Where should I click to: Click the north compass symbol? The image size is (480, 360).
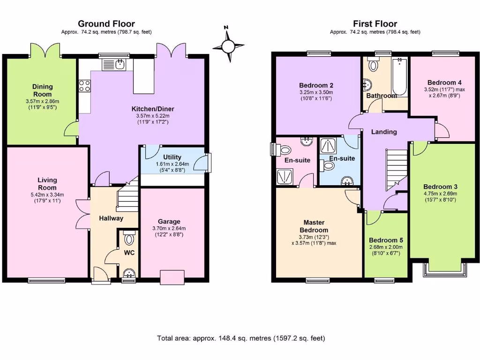coord(228,46)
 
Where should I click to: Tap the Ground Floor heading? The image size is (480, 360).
coord(106,23)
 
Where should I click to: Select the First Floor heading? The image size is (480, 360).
coord(375,23)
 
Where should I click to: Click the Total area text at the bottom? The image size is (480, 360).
coord(240,338)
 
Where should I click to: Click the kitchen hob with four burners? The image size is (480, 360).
coord(84,86)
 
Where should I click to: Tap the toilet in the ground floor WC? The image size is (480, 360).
coord(129,240)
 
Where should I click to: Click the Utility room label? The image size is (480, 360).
coord(172,157)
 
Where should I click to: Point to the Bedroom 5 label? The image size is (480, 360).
coord(386,240)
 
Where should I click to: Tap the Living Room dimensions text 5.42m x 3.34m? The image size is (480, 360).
coord(47,195)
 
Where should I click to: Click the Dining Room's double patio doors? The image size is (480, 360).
coord(45,50)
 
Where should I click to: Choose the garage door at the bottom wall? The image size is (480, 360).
coord(172,277)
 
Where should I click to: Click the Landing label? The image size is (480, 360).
coord(384,132)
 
